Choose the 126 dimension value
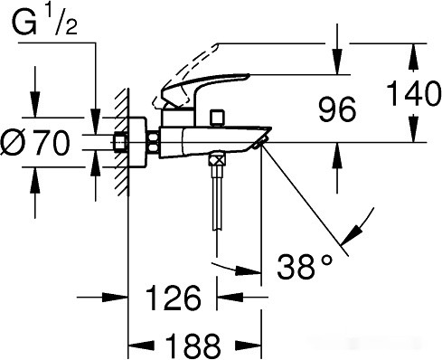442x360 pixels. (x=173, y=298)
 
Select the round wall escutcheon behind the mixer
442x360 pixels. (x=138, y=142)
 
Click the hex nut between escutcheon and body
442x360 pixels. (x=154, y=142)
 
